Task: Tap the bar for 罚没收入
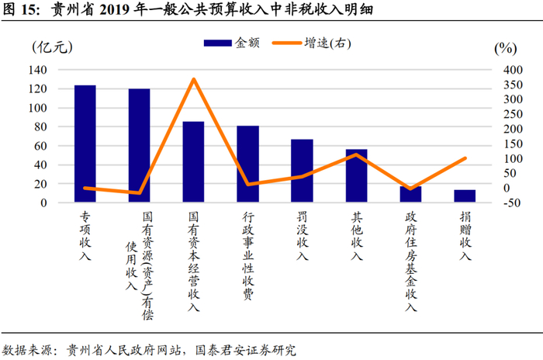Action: (x=302, y=171)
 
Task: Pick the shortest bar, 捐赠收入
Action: (x=465, y=196)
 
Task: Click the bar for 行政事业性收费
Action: (x=247, y=164)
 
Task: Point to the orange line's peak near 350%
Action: (x=194, y=79)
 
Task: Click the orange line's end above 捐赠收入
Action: (x=465, y=158)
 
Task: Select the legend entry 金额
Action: (x=232, y=45)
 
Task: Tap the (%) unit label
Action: (x=505, y=47)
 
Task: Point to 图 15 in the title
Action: (x=21, y=10)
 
